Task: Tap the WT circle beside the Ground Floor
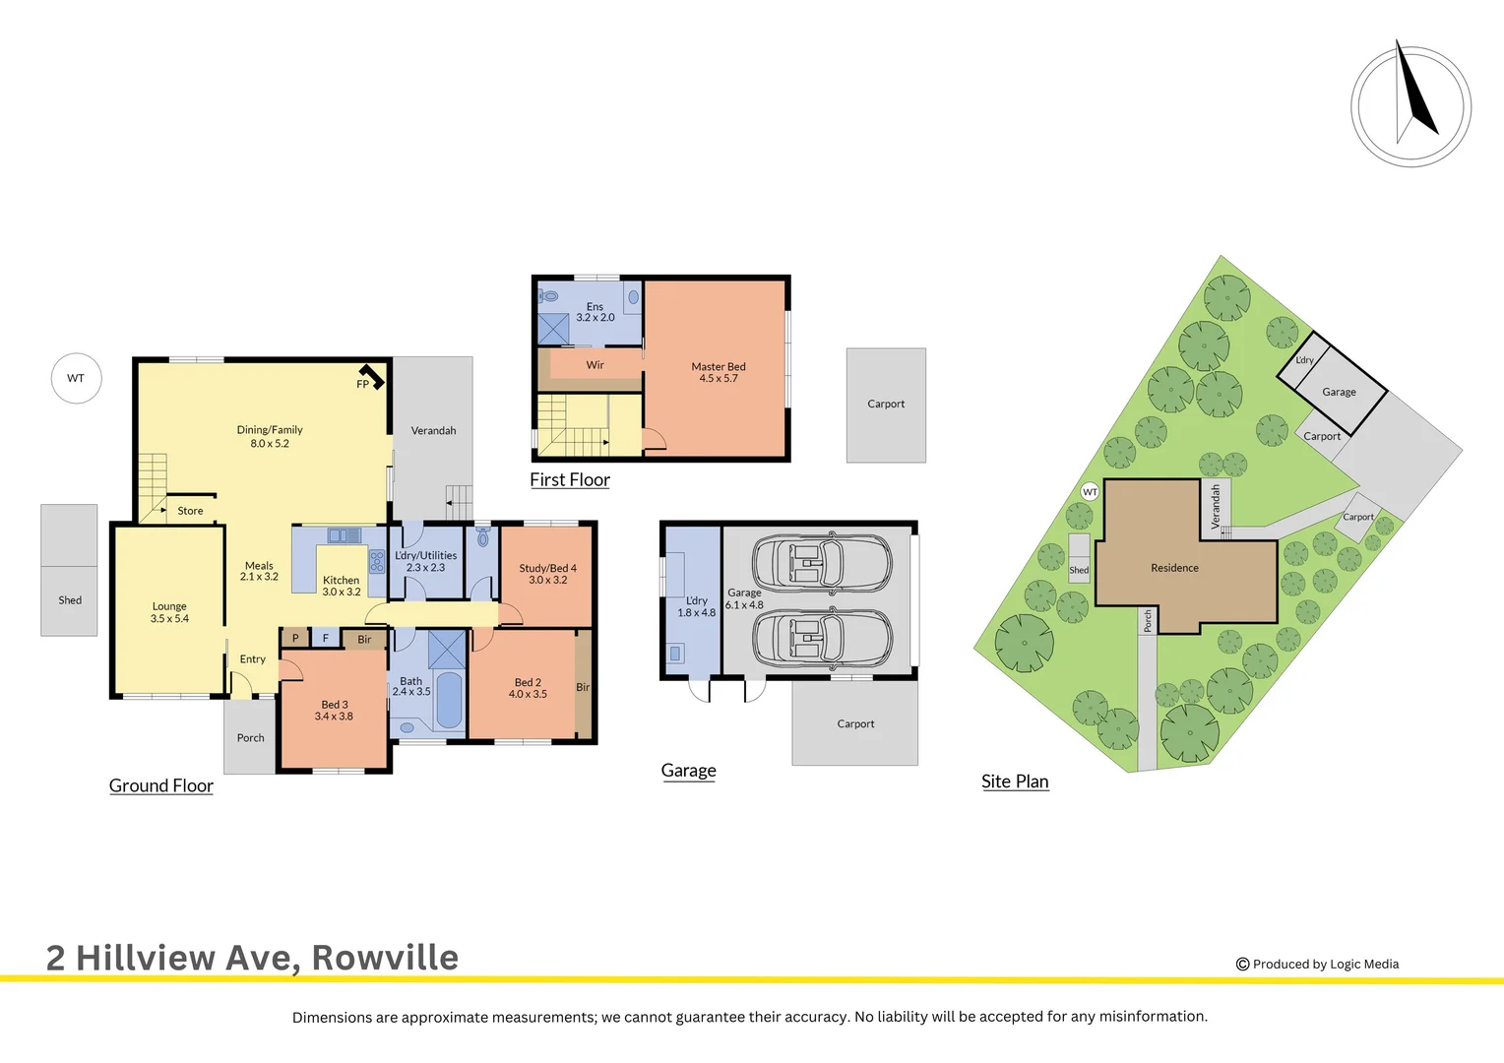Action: (x=76, y=378)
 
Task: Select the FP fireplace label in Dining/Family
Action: (x=362, y=384)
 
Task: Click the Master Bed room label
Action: (x=719, y=372)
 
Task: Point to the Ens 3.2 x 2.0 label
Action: (x=595, y=312)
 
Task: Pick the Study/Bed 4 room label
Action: (x=547, y=574)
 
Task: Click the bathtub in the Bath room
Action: (x=448, y=700)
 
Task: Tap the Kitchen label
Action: (x=341, y=586)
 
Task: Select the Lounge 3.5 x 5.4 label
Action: (x=169, y=612)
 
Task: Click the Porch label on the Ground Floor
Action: (x=250, y=737)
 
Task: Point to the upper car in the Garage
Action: (x=822, y=564)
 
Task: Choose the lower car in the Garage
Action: (x=822, y=638)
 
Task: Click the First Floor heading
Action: (x=570, y=480)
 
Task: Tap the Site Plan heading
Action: (x=1015, y=782)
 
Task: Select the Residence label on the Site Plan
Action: (x=1174, y=568)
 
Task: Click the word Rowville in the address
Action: (x=385, y=958)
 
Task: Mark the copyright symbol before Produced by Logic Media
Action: (x=1242, y=965)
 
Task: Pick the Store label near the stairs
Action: (x=190, y=511)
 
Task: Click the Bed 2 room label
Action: (x=528, y=688)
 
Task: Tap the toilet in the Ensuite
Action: (x=549, y=295)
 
